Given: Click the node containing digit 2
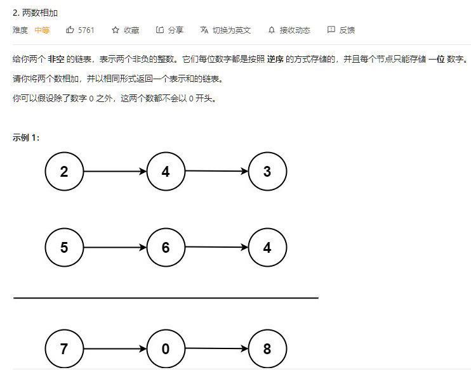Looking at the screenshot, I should pos(64,172).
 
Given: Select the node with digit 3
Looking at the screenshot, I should pos(267,172).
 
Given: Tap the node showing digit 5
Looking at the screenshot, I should pos(64,248).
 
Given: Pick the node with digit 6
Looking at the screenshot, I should pos(166,248).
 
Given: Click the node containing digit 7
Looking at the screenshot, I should pos(64,349).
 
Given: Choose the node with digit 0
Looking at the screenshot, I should pos(166,349).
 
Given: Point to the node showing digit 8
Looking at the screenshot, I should pos(267,349).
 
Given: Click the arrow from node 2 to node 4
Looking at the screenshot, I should pos(115,172).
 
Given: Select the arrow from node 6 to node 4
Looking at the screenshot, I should pos(216,247).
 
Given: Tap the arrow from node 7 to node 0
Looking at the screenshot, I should pos(115,349).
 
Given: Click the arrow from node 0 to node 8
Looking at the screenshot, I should pos(216,348).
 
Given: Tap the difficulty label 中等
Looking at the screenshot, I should pos(42,30).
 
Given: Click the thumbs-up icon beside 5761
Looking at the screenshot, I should pos(70,30).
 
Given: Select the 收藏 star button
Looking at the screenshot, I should pos(125,30).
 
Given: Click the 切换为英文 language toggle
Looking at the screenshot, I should pos(225,30).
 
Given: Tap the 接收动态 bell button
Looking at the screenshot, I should pos(289,30).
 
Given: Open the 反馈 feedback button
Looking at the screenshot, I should pos(341,30).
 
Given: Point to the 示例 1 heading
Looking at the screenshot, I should pos(26,137).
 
